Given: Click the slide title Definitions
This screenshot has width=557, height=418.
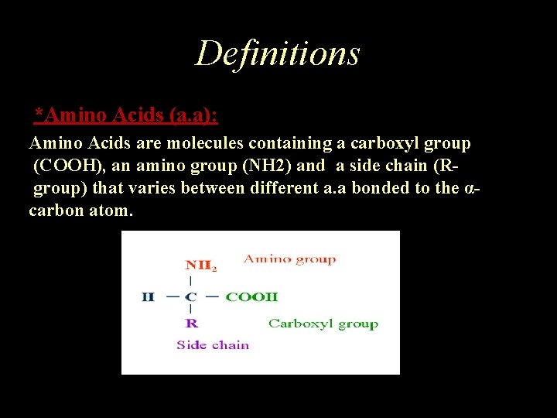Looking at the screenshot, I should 278,53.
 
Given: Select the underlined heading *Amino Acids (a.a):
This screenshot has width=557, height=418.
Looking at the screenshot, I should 126,116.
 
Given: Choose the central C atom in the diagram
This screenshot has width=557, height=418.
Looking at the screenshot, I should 191,296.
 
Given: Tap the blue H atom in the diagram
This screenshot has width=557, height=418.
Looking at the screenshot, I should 148,296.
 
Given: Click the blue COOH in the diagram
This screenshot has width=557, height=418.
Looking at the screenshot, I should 251,296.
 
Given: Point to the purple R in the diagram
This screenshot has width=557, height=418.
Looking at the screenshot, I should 191,323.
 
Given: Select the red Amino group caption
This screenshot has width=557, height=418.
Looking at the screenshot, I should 290,259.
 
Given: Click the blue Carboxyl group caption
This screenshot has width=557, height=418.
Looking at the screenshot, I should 323,324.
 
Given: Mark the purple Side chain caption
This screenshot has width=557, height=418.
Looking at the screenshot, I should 213,345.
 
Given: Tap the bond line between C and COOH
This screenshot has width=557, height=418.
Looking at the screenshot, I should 211,296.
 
